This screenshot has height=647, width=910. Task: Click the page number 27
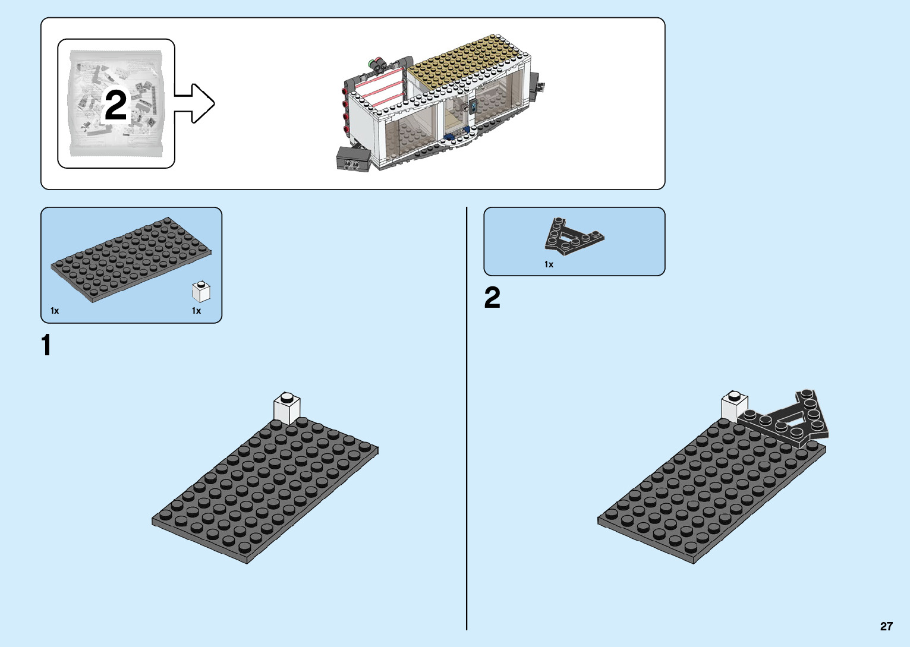[x=886, y=626]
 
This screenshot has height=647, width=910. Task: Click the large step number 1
[x=46, y=345]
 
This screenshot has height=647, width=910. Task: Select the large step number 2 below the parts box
[x=492, y=298]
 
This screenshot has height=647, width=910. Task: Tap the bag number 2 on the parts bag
[x=116, y=105]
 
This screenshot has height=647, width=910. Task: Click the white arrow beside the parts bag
[x=196, y=103]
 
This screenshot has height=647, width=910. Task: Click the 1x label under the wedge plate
[x=549, y=264]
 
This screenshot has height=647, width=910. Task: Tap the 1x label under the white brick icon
[x=196, y=311]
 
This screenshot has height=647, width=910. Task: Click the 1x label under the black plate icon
[x=55, y=311]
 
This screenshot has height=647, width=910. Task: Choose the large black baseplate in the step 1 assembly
[x=265, y=490]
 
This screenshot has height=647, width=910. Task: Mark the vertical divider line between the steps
[x=467, y=416]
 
